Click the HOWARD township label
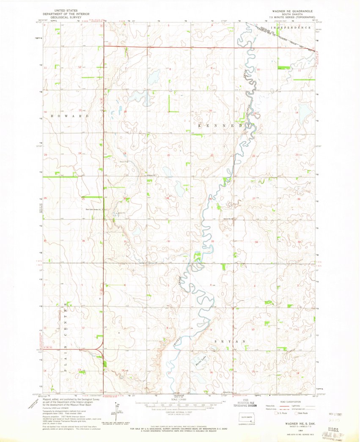click(x=70, y=115)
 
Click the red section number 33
click(x=213, y=241)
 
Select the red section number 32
click(x=168, y=241)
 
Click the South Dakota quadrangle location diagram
click(x=245, y=415)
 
